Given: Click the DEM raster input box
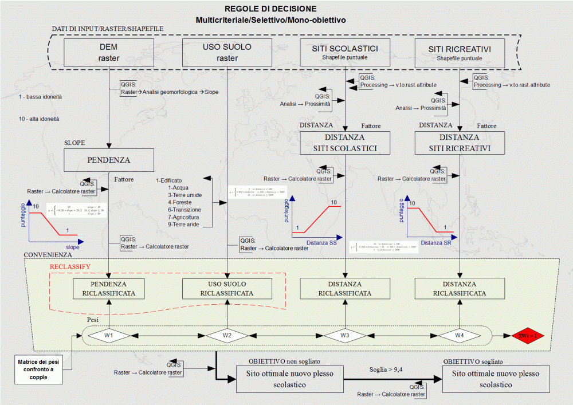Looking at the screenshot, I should tap(108, 52).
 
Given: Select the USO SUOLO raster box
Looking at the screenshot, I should tap(227, 52).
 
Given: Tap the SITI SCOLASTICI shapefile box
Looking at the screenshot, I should tap(345, 52).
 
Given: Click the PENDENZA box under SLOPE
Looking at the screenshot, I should tap(108, 160).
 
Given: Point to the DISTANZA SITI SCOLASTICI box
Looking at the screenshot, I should tap(345, 143).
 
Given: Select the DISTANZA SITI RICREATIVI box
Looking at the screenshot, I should tap(460, 143).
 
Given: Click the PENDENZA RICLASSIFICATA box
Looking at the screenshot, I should tap(108, 288).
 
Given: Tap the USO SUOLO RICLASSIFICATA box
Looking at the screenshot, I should tap(227, 288).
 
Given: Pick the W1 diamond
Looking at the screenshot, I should tap(109, 335).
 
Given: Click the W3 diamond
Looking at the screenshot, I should tap(345, 335).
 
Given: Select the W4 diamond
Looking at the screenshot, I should tap(460, 335).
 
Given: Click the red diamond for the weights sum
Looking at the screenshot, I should tap(527, 335).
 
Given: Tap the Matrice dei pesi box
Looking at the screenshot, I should tap(40, 370).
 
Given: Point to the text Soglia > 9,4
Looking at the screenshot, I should tap(385, 369).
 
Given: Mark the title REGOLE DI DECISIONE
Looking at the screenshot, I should tap(270, 9).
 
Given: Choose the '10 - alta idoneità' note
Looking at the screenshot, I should tap(40, 119).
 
